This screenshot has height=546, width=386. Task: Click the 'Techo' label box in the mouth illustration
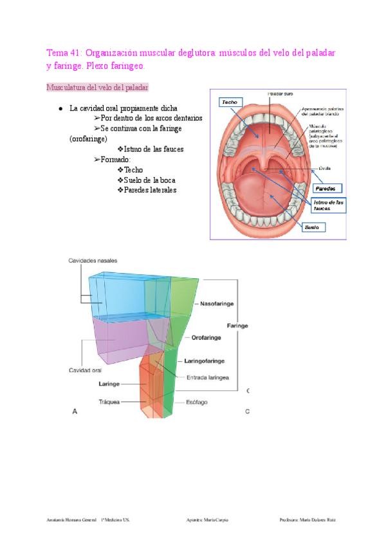click(x=229, y=102)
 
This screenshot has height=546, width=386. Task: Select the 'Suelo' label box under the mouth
click(x=312, y=227)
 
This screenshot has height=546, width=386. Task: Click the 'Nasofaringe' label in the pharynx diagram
click(x=216, y=303)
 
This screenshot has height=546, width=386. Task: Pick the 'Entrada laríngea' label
click(x=208, y=377)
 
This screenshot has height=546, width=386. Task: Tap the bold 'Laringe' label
click(x=109, y=384)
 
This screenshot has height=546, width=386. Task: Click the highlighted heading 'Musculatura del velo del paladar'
click(x=98, y=86)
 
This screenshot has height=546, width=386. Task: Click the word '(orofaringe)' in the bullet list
click(x=88, y=138)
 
